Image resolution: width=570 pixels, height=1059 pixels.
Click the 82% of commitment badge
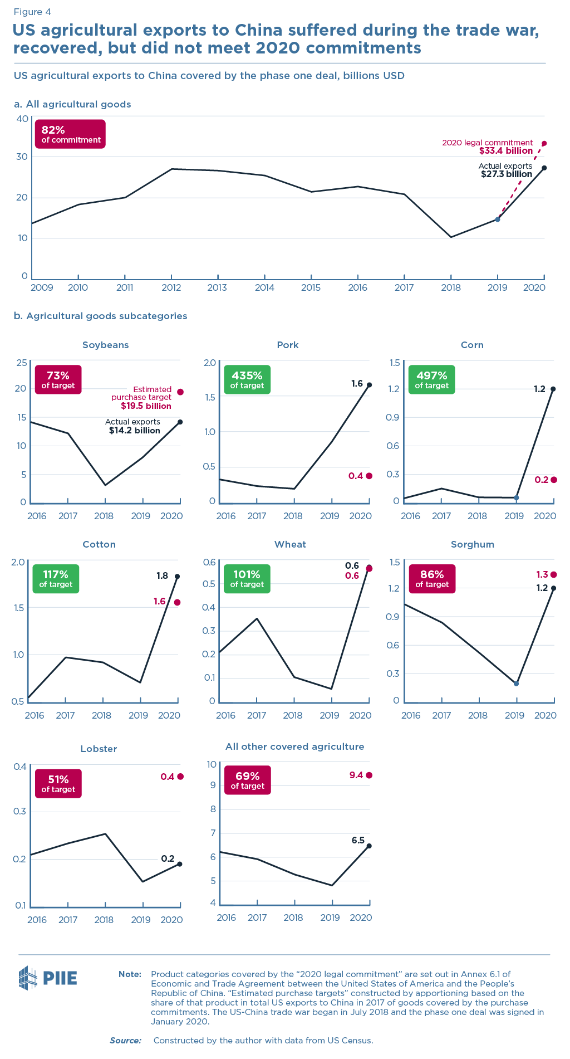pos(70,134)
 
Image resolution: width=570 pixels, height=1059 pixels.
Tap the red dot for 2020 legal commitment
pos(544,143)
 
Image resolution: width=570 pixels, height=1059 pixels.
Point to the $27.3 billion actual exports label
pos(507,174)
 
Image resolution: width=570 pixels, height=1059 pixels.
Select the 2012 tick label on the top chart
pos(171,287)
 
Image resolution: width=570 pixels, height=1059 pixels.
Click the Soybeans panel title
pos(105,345)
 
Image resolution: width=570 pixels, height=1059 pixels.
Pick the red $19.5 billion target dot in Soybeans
pos(180,392)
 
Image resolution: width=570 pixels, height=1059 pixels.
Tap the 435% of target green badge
pos(247,379)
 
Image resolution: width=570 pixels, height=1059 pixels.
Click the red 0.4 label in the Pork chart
pos(355,476)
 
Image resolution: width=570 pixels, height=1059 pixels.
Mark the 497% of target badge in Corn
pos(431,379)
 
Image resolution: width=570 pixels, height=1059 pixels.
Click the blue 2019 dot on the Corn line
pos(517,497)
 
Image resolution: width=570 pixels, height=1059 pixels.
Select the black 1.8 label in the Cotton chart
pos(162,576)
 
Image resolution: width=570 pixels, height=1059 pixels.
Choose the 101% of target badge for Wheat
pos(247,578)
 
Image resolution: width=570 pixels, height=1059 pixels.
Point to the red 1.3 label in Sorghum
pos(542,574)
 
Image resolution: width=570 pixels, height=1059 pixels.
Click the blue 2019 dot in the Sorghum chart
pos(517,684)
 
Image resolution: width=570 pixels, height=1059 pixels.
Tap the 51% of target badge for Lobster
pos(58,783)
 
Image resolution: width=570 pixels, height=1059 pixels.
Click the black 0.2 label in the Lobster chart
pos(168,858)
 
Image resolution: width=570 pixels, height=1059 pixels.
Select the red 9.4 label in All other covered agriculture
pos(356,775)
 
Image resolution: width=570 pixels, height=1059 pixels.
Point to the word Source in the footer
pos(125,1040)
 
